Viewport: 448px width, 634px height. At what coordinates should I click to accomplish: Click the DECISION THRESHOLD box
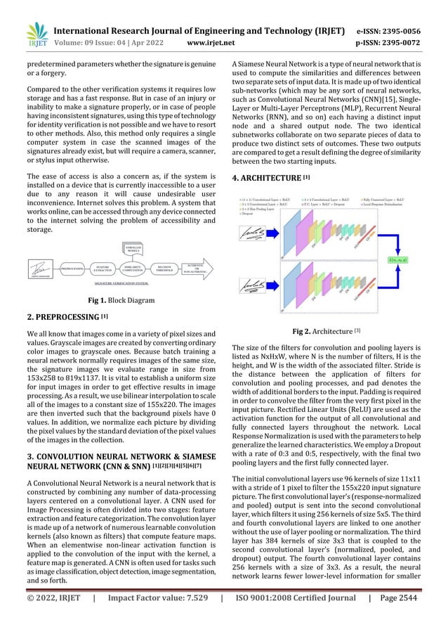coord(164,268)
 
